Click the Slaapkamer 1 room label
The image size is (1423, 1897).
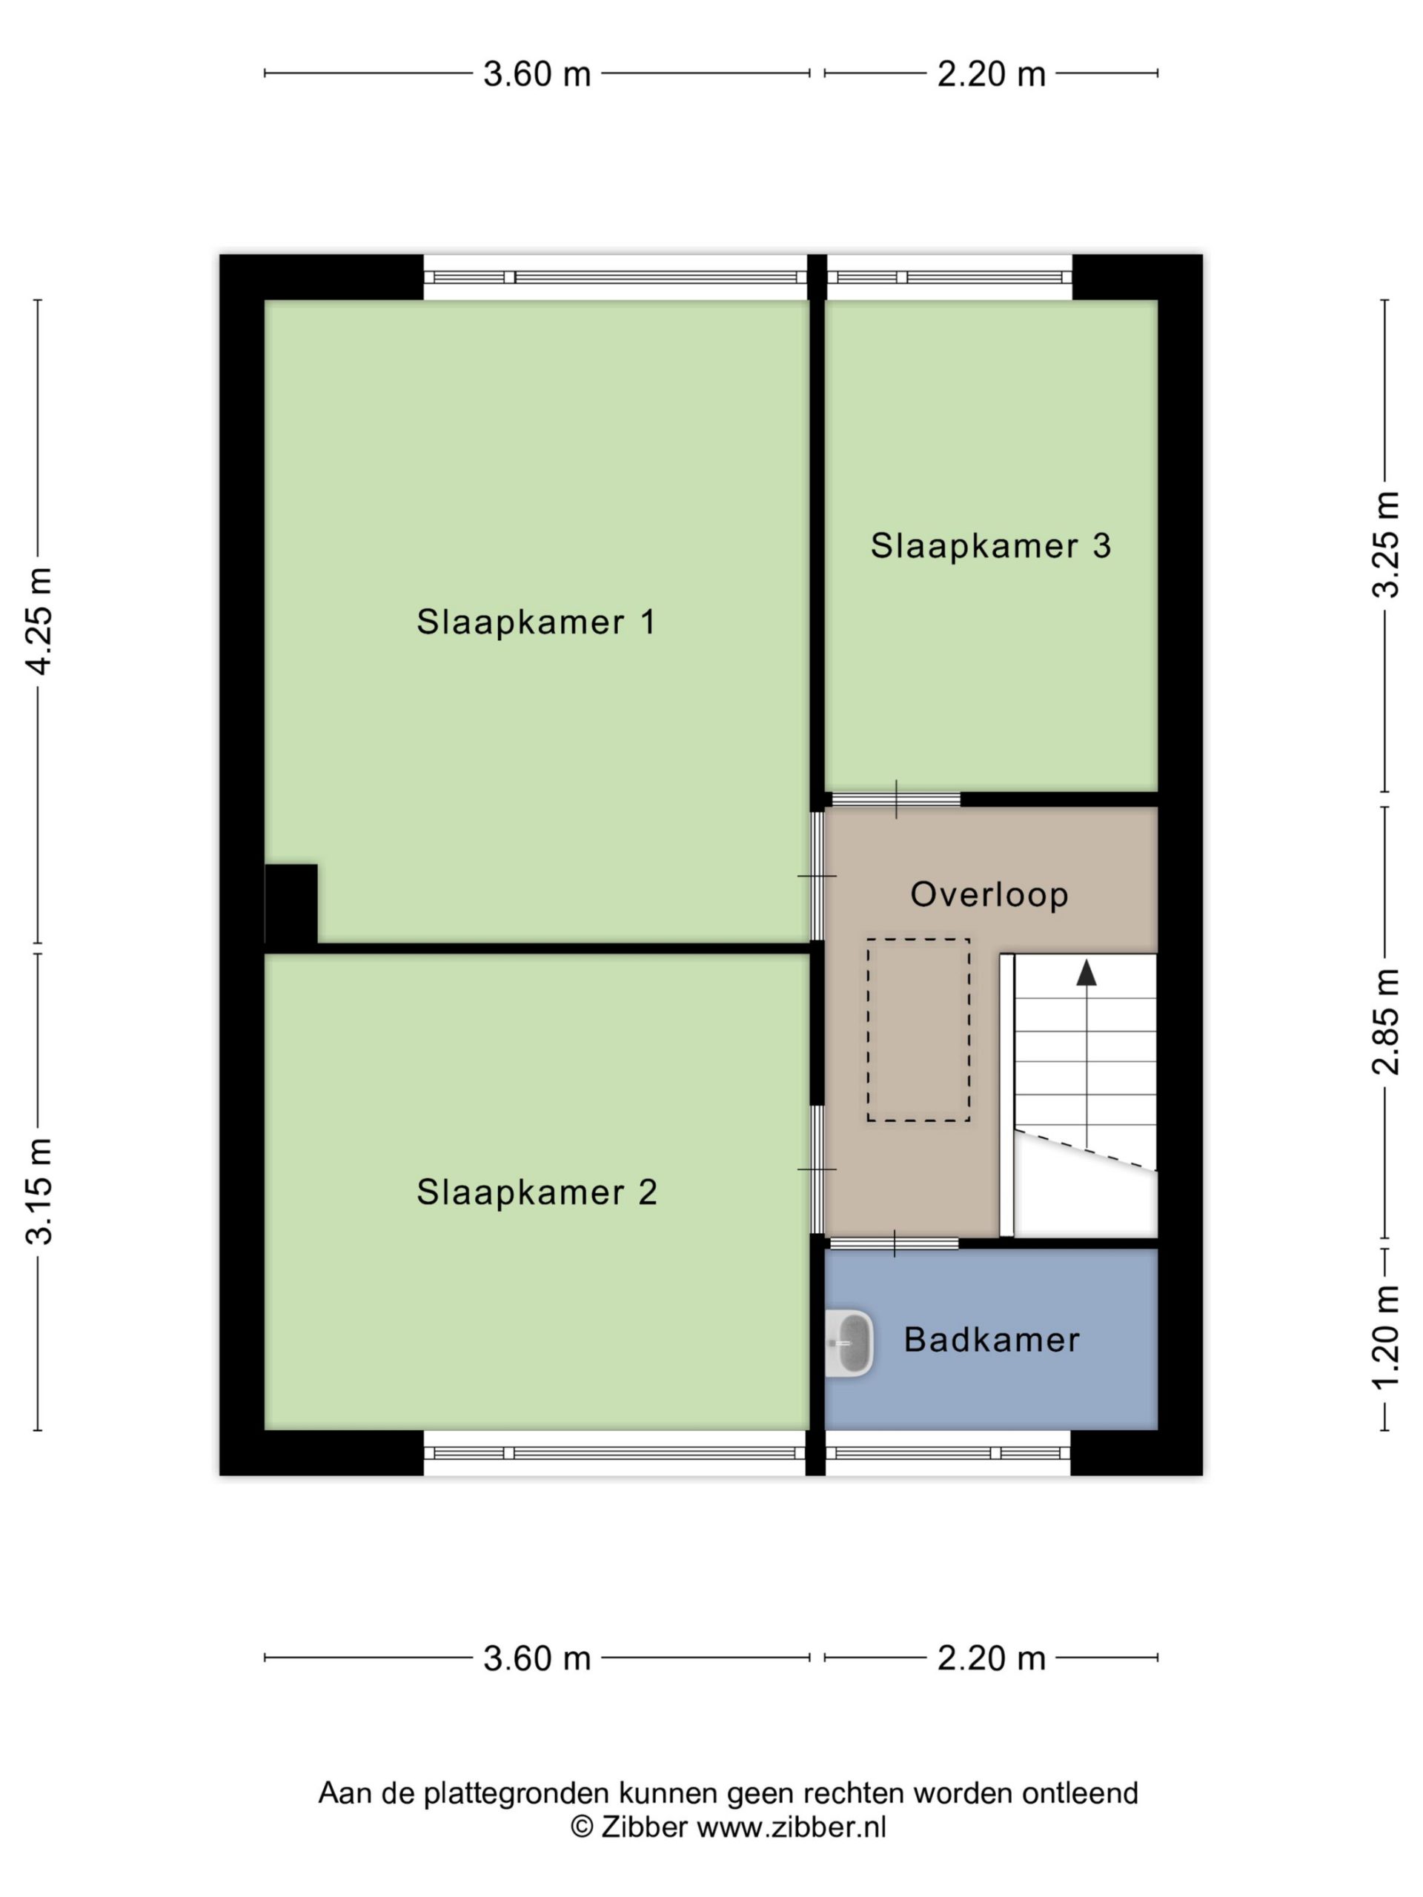coord(536,622)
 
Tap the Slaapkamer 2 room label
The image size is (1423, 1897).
coord(537,1192)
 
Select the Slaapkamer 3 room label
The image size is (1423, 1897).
coord(991,545)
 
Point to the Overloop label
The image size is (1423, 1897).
coord(989,894)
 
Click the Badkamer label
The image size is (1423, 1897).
coord(992,1340)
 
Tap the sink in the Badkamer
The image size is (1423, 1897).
coord(850,1343)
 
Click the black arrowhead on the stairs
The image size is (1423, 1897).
coord(1087,971)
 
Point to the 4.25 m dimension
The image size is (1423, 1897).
coord(39,621)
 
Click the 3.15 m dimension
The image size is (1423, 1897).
coord(39,1192)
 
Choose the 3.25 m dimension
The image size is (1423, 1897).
coord(1385,545)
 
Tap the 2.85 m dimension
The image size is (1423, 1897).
coord(1385,1021)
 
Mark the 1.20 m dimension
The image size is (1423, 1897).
coord(1385,1339)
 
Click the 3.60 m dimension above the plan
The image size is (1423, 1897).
coord(537,74)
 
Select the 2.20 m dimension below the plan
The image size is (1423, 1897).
coord(991,1658)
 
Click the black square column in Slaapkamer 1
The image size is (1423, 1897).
coord(291,903)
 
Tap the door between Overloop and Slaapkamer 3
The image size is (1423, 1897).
coord(895,800)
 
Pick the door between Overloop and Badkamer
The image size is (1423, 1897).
coord(894,1243)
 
